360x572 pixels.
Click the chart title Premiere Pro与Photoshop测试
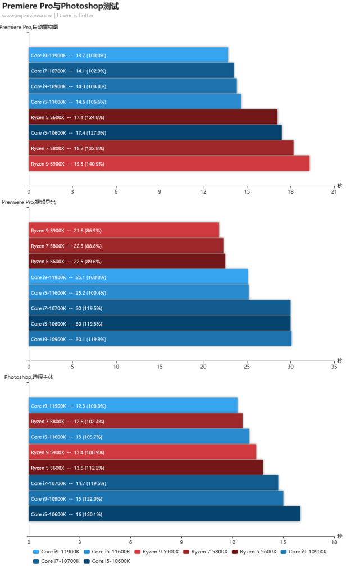tap(61, 6)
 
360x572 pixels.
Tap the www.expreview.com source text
tap(27, 15)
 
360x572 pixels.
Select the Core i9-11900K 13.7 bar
tap(129, 55)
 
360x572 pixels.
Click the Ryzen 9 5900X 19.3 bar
tap(169, 163)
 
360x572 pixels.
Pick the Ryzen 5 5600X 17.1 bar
tap(153, 117)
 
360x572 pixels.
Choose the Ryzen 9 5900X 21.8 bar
tap(124, 230)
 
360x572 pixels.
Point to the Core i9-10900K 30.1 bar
tap(160, 339)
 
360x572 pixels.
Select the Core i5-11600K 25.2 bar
tap(139, 292)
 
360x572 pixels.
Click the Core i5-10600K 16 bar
tap(165, 514)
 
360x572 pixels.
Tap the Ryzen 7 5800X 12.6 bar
tap(136, 421)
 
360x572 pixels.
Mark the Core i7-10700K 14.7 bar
tap(154, 483)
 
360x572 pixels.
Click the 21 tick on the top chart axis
tap(334, 191)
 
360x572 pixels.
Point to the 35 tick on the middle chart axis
tap(334, 367)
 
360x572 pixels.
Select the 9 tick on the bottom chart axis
tap(181, 542)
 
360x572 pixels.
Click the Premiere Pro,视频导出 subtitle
tap(29, 202)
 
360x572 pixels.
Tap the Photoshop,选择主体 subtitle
tap(29, 377)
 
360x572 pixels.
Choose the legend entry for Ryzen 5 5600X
tap(254, 552)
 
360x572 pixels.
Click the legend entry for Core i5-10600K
tap(107, 561)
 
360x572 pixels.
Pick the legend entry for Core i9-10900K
tap(304, 552)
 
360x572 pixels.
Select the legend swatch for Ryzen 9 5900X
tap(138, 552)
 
